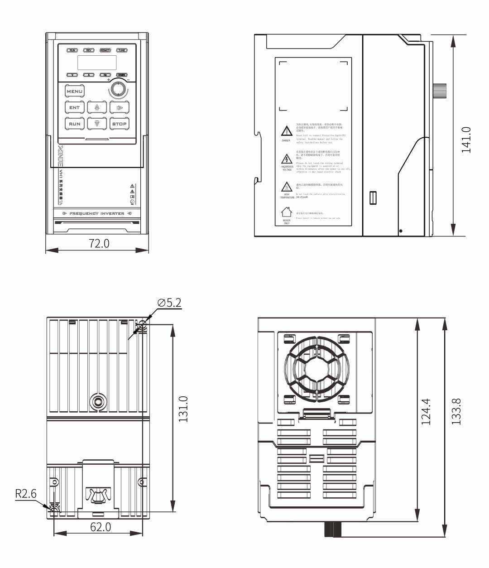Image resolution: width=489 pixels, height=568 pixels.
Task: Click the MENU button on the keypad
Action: click(x=75, y=91)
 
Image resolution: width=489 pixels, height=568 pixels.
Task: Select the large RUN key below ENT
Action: click(x=75, y=124)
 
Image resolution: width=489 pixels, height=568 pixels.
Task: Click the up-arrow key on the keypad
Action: click(x=96, y=108)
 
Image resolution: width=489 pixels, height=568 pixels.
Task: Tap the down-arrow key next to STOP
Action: click(x=96, y=124)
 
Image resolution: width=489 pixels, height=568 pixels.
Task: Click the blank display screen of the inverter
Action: click(x=97, y=62)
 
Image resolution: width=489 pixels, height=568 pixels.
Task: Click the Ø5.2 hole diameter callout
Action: click(x=169, y=303)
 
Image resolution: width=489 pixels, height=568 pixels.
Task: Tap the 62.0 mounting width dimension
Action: click(x=99, y=527)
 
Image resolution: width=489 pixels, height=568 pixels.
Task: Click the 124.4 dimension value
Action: click(x=426, y=412)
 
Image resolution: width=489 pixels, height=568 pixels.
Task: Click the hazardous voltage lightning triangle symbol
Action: click(x=286, y=159)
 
